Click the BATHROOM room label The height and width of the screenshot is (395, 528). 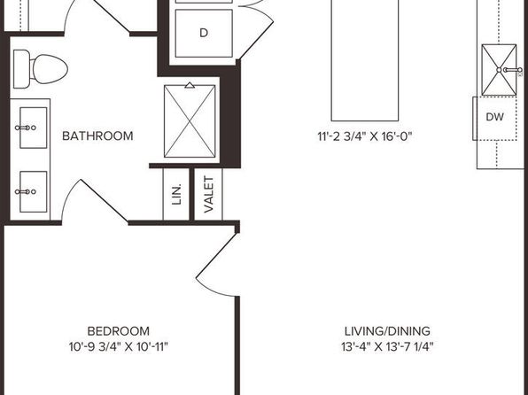97,136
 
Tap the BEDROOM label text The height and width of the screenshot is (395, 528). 119,331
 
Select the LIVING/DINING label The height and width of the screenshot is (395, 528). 387,331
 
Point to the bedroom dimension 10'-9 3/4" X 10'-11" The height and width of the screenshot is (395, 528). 119,346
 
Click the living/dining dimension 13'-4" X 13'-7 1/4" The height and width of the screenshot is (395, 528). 387,346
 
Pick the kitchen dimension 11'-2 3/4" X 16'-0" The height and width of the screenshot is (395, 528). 365,136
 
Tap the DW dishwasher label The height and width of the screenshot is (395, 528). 495,117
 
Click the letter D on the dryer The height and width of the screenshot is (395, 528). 204,33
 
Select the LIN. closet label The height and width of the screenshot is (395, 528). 176,194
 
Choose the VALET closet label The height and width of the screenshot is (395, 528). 209,195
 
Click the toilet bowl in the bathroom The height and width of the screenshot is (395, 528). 50,69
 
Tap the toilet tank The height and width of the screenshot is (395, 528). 21,69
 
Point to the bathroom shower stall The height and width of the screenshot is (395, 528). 190,121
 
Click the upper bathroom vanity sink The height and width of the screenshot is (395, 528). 33,128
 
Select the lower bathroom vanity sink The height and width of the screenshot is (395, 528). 33,192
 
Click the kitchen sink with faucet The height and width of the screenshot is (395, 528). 499,70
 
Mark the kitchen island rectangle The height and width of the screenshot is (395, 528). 365,60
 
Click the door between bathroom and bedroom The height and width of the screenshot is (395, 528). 94,202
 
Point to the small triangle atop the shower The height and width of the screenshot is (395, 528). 190,85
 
